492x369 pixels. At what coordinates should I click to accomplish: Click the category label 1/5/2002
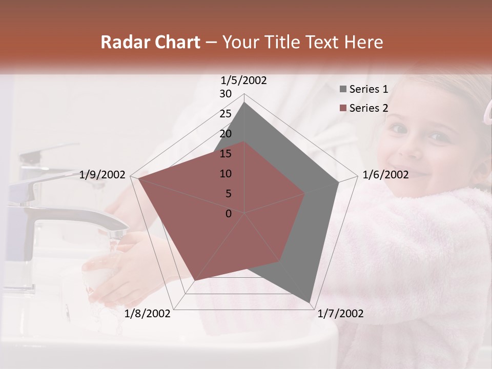pos(244,80)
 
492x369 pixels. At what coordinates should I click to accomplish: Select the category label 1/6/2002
pos(385,175)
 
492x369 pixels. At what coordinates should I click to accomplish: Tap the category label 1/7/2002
pos(341,314)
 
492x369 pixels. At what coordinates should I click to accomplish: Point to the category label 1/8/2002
pos(148,314)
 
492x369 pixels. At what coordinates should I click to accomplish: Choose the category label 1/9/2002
pos(102,175)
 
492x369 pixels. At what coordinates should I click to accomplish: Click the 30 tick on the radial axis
pos(225,94)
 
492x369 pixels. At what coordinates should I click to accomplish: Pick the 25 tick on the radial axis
pos(225,114)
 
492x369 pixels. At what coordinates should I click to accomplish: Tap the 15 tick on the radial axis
pos(225,154)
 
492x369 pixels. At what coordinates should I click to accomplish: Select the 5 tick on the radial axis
pos(228,194)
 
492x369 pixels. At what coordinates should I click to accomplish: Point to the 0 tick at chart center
pos(229,214)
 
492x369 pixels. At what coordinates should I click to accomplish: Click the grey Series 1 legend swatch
pos(343,89)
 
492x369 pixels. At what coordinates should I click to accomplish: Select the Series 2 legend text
pos(368,108)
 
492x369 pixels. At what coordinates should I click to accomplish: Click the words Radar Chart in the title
pos(150,43)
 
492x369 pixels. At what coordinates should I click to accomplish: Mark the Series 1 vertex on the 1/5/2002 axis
pos(244,102)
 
